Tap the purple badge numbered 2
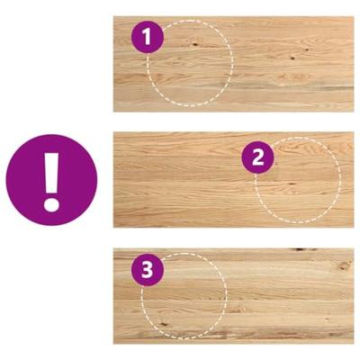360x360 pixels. [x=258, y=157]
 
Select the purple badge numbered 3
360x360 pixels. [x=148, y=269]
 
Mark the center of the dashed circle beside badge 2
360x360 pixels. [x=297, y=180]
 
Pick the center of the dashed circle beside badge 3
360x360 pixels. [x=184, y=294]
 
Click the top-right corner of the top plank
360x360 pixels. [x=353, y=16]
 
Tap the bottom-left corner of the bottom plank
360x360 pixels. [x=114, y=343]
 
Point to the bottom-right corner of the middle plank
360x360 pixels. [x=353, y=227]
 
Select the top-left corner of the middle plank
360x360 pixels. [x=114, y=132]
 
